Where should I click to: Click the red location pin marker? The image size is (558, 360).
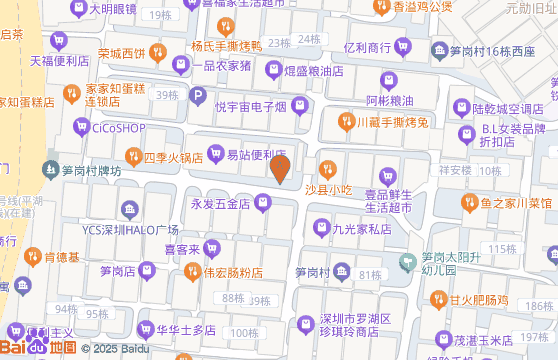click(x=281, y=168)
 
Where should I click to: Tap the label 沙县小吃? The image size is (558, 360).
click(x=329, y=190)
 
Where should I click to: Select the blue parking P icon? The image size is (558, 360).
click(x=197, y=99)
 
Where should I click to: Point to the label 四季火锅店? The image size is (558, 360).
click(x=173, y=157)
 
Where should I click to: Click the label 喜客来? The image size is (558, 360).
click(x=184, y=249)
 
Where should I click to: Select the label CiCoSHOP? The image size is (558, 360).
click(x=118, y=128)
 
